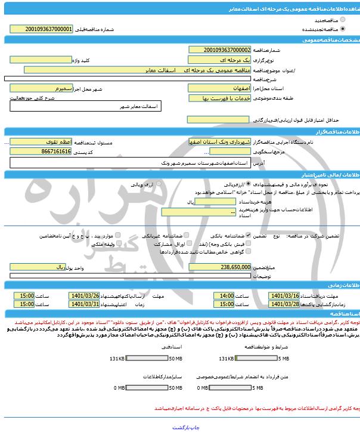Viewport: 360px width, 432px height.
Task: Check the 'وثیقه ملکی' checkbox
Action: [123, 245]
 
